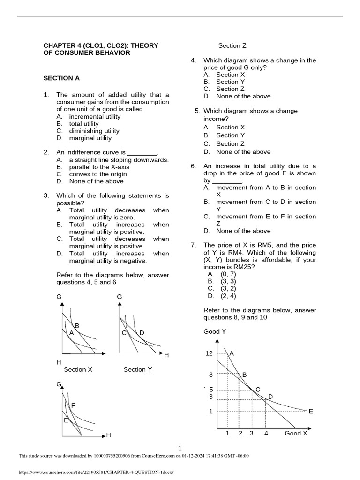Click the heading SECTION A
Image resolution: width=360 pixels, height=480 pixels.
(x=58, y=78)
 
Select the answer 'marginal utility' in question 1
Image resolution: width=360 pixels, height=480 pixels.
(x=90, y=138)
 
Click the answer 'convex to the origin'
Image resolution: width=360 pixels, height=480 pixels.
(x=98, y=174)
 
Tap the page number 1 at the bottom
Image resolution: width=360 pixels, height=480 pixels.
(x=180, y=449)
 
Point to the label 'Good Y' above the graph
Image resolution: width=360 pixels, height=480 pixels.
(x=215, y=331)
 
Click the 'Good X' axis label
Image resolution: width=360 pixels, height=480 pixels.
(x=296, y=433)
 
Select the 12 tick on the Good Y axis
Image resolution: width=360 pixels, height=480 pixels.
(x=209, y=353)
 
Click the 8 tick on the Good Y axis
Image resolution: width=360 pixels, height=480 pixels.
(x=211, y=375)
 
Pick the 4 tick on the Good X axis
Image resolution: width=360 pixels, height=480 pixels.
(x=266, y=433)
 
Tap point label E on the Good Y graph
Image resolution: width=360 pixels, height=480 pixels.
(x=310, y=411)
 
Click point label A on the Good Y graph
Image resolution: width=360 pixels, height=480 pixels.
(x=232, y=353)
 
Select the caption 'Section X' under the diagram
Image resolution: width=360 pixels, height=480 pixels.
(x=78, y=369)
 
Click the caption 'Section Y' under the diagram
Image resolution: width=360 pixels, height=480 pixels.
(x=138, y=369)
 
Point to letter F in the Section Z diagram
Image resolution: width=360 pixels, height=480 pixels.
(x=73, y=405)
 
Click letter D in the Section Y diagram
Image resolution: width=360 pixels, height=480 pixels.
(x=142, y=333)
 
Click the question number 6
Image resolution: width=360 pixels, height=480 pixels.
(x=193, y=166)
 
